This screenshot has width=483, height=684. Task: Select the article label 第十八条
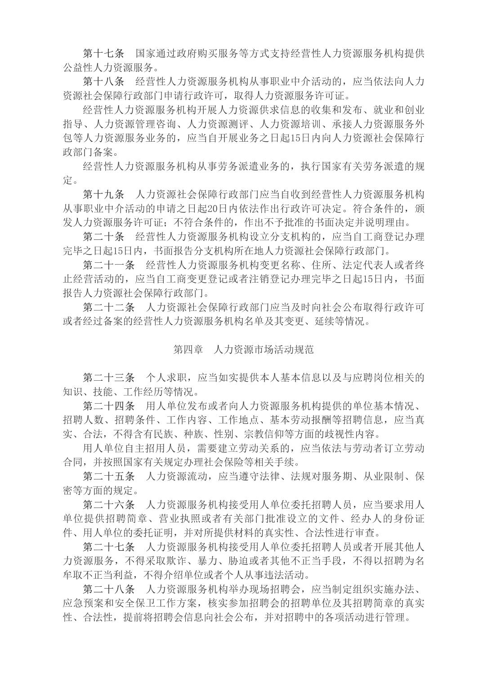click(103, 82)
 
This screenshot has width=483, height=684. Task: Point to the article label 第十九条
click(103, 194)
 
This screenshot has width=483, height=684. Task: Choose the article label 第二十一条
click(108, 265)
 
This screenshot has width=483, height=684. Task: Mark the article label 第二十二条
click(108, 307)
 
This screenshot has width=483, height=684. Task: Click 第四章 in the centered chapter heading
click(188, 349)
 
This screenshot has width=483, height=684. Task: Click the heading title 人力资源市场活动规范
click(264, 349)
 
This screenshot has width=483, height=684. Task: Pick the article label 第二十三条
click(108, 377)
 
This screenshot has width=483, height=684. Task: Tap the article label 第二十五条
click(108, 476)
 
